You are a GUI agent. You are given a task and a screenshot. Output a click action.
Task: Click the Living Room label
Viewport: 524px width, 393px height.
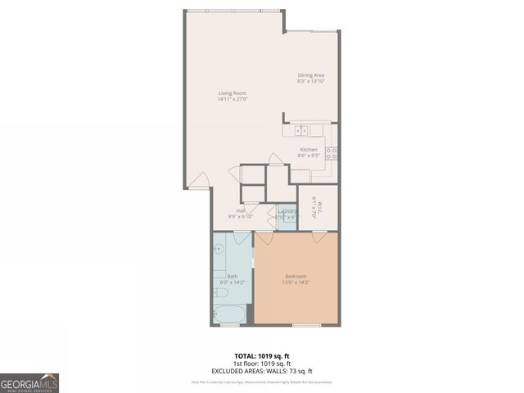(233, 93)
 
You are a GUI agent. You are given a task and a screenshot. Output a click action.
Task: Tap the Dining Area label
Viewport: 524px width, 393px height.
(310, 75)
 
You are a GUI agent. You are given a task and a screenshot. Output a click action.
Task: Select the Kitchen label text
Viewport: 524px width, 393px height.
(309, 149)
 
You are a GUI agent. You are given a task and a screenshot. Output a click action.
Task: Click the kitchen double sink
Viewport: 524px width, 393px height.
(301, 129)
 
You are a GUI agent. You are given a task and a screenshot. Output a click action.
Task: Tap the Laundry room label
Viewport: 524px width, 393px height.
(286, 211)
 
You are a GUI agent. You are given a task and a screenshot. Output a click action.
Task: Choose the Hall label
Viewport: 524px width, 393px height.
(242, 211)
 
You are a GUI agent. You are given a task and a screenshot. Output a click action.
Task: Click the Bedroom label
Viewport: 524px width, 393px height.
(296, 277)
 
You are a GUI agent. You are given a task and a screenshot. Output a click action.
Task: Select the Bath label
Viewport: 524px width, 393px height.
(232, 277)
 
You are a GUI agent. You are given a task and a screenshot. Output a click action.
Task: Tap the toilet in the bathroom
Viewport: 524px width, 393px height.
(220, 292)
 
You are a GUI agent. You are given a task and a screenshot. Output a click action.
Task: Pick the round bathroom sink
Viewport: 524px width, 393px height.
(219, 250)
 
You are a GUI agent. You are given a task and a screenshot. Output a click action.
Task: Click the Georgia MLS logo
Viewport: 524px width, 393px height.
(29, 382)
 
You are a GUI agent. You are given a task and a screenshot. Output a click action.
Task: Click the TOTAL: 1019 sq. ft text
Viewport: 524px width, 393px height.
(262, 355)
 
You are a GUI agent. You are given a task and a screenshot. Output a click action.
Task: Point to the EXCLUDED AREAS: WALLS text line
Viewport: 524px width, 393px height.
(262, 370)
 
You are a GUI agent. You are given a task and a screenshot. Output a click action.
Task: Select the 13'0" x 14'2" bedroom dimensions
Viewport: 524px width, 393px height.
(296, 283)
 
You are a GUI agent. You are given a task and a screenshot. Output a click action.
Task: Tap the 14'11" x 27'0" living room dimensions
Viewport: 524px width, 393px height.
(233, 99)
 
